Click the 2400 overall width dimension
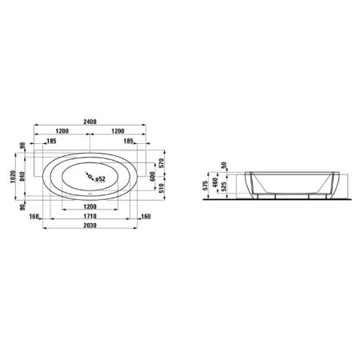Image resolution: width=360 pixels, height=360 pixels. click(90, 122)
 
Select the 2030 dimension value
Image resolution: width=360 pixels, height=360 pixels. click(90, 226)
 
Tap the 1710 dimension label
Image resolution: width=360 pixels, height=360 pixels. click(90, 216)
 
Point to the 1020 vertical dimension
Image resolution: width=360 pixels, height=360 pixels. click(13, 177)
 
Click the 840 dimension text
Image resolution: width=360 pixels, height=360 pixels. click(22, 177)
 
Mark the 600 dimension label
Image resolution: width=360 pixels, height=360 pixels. click(153, 177)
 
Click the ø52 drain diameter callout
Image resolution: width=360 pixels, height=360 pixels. click(100, 179)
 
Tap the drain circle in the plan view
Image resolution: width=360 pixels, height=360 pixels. click(90, 177)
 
